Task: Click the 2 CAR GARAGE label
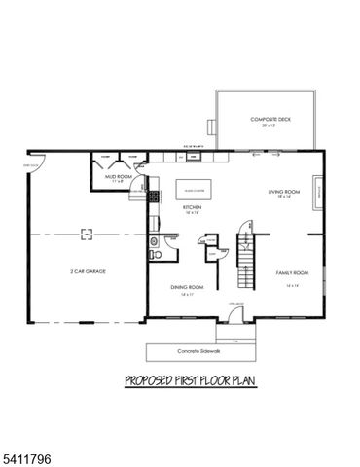coord(87,271)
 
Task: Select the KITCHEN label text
coord(193,209)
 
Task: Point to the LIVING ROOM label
coord(284,194)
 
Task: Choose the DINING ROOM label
coord(186,288)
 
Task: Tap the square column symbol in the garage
coord(86,233)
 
